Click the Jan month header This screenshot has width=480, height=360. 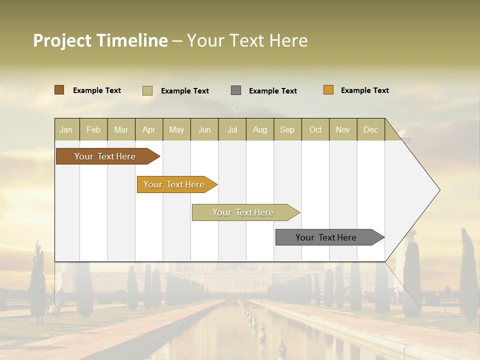66,129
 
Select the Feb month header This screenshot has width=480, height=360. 93,129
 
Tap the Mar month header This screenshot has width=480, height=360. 121,129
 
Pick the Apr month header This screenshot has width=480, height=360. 149,129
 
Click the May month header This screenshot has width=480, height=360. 176,129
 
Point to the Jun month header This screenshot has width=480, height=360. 204,129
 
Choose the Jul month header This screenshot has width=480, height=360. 232,129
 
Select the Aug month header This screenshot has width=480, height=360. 260,129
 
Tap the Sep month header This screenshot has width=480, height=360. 287,129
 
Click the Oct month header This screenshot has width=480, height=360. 315,129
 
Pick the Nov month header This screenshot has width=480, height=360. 343,129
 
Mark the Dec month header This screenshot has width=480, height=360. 371,129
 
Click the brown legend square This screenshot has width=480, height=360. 59,90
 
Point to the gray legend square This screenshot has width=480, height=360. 236,90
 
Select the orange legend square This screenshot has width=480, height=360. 328,90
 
